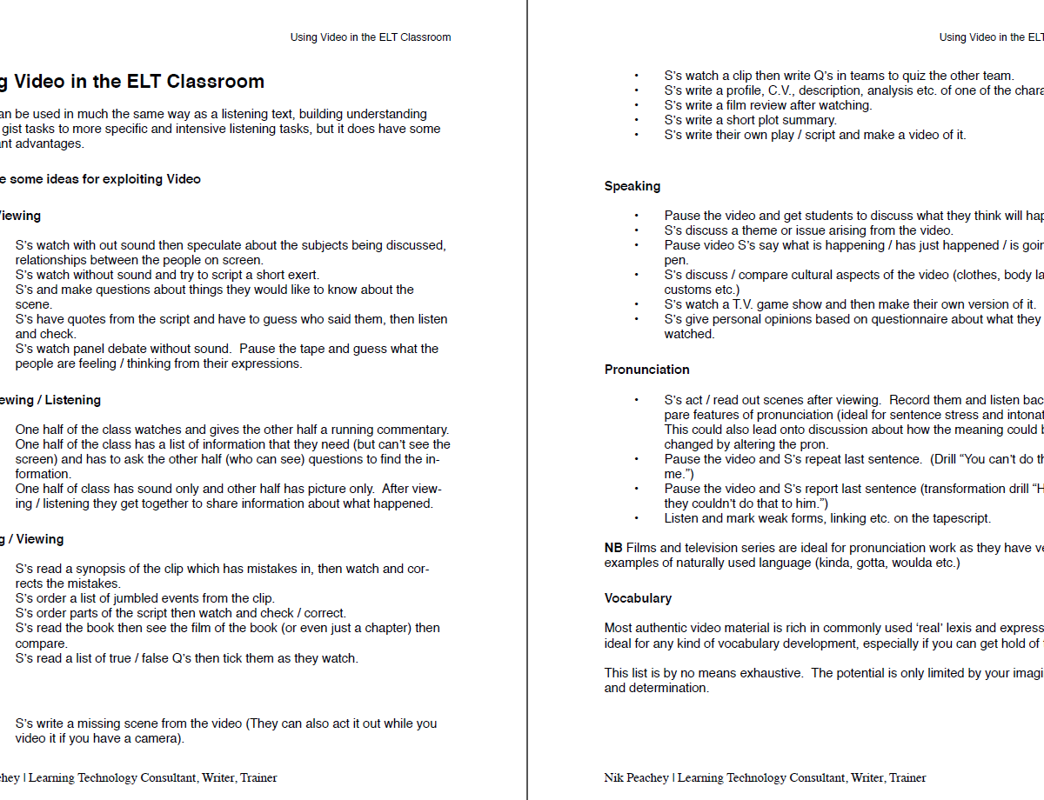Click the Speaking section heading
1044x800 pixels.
[x=632, y=186]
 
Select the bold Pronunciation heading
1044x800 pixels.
[x=647, y=370]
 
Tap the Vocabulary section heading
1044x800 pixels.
[x=638, y=598]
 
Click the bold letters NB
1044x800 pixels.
[x=613, y=548]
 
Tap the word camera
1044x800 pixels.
[x=158, y=738]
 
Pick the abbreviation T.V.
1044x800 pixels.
[x=752, y=304]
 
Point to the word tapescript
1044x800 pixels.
[x=955, y=518]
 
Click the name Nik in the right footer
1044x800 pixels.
[x=614, y=777]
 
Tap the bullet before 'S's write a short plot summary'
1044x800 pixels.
[x=636, y=120]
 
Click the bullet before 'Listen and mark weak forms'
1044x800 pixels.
[x=636, y=518]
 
